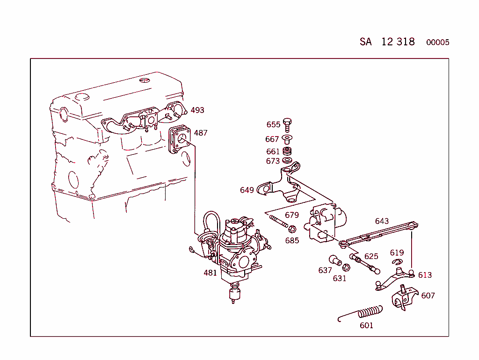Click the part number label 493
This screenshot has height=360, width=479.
[197, 110]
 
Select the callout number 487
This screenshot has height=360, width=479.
[200, 133]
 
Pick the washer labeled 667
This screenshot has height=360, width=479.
[288, 139]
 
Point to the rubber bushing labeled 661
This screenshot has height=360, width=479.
[288, 151]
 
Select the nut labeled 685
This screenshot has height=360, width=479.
[291, 229]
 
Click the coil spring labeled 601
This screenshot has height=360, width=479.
[365, 312]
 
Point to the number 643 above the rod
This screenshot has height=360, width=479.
[382, 221]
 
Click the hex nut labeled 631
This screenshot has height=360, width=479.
[347, 268]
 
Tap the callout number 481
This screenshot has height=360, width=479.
[210, 273]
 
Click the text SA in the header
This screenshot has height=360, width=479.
[365, 42]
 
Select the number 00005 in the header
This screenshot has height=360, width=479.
[437, 43]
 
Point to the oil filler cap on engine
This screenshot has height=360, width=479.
[82, 96]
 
